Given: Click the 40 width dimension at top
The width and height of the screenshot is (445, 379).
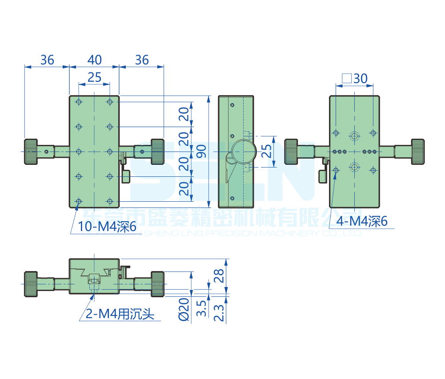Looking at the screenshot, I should click(94, 60).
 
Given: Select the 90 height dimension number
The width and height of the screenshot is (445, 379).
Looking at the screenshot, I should click(200, 152).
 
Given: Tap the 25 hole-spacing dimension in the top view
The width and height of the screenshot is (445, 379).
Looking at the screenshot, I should click(94, 77).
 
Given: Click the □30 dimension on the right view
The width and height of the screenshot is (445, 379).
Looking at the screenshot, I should click(354, 79).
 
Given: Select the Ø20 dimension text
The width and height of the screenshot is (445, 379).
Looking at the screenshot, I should click(187, 309).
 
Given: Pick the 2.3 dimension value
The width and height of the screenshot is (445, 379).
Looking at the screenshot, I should click(219, 312).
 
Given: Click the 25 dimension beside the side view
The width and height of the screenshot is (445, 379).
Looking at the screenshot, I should click(266, 152).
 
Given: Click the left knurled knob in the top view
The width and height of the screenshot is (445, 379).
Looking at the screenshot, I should click(31, 152).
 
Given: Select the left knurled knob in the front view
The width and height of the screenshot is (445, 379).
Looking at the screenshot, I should click(31, 283).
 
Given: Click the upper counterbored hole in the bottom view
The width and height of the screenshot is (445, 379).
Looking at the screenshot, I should click(354, 136).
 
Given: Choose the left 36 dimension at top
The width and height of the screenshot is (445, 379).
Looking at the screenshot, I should click(47, 60).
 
